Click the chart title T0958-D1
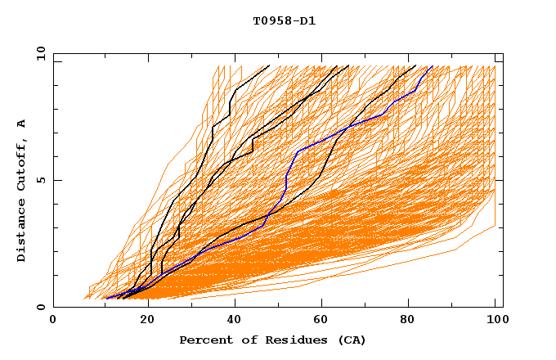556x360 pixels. (x=284, y=20)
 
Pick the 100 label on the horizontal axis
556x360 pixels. (x=495, y=320)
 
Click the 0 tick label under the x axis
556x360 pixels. (x=53, y=320)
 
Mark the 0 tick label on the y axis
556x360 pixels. (x=41, y=308)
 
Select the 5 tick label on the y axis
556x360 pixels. (x=41, y=181)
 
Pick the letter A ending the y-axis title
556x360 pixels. (x=22, y=124)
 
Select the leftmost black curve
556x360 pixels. (x=213, y=131)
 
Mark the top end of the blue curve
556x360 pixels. (x=431, y=66)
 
